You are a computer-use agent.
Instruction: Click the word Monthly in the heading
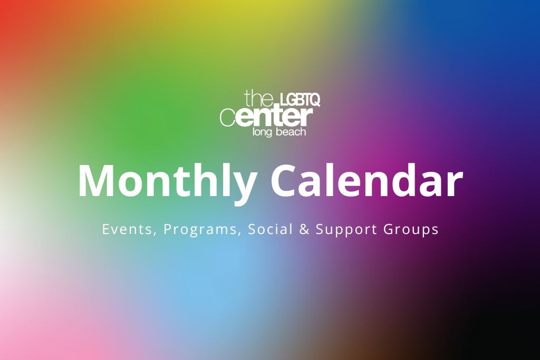coord(168,182)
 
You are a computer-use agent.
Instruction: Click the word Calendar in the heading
coord(367,180)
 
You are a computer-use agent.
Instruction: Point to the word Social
coord(271,229)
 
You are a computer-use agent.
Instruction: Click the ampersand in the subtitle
coord(304,229)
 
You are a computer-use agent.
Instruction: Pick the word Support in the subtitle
coord(346,230)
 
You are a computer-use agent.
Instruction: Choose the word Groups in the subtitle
coord(411,230)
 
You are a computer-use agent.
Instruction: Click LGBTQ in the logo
coord(300,100)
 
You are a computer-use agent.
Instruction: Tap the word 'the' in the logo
coord(259,98)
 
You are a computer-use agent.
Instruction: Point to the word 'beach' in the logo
coord(292,131)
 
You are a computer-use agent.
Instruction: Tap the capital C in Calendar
coord(284,181)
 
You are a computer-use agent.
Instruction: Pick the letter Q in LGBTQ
coord(314,100)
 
